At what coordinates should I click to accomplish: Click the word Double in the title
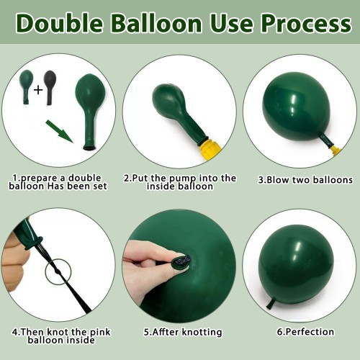point(60,23)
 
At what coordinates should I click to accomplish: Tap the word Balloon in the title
point(156,23)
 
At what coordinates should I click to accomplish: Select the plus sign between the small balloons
point(38,90)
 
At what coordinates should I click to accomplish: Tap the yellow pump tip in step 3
point(336,150)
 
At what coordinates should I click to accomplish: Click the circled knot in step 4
point(58,271)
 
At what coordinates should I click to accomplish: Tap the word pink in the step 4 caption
point(100,332)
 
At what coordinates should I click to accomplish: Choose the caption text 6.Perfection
point(305,332)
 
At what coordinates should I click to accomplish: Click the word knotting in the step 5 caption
point(202,332)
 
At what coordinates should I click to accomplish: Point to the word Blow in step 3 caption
point(278,180)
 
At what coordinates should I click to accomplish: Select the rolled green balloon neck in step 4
point(34,243)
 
